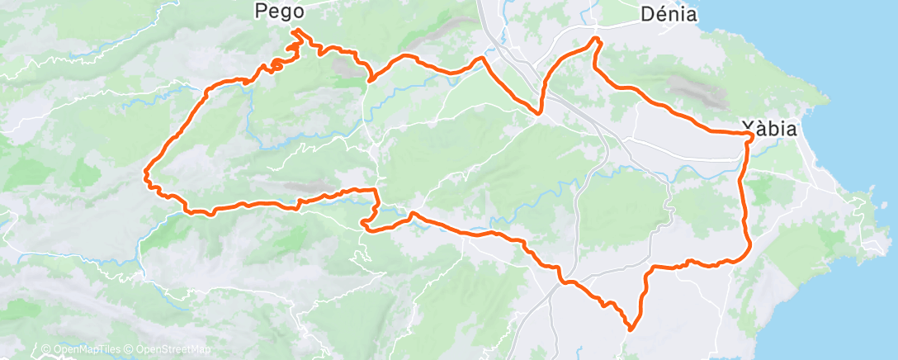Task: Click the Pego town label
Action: click(x=280, y=12)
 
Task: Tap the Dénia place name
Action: click(x=669, y=14)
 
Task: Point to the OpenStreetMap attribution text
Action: click(x=171, y=349)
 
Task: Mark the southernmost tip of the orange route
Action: click(x=631, y=329)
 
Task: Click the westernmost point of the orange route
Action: click(x=145, y=173)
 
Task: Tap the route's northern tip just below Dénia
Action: click(x=596, y=39)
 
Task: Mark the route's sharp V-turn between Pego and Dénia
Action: click(x=539, y=112)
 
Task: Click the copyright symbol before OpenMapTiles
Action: click(x=45, y=349)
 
